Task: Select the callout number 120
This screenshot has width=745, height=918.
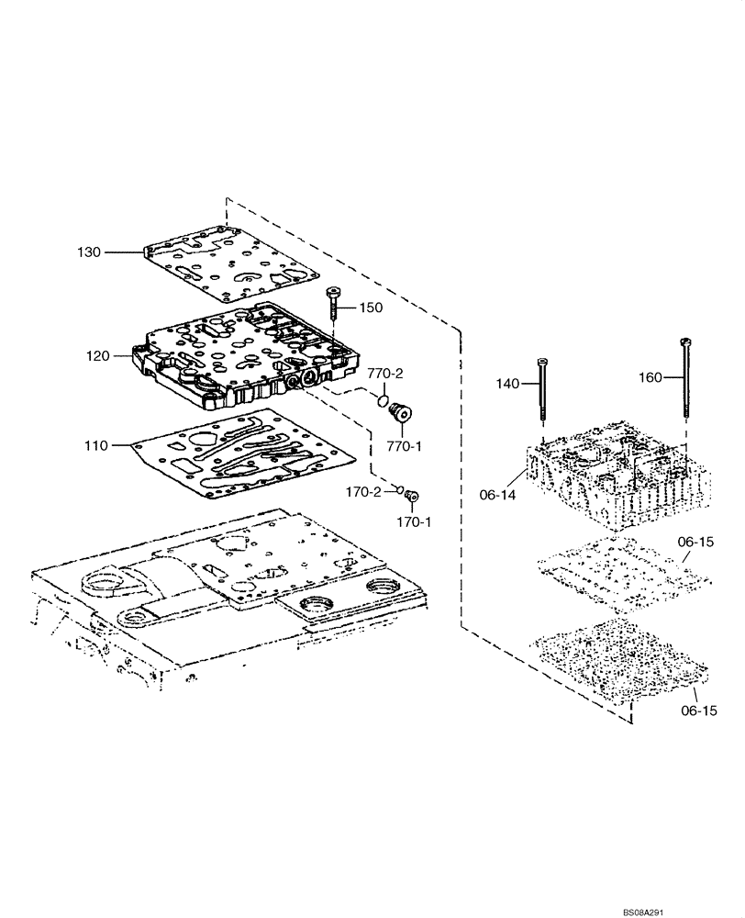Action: (x=98, y=355)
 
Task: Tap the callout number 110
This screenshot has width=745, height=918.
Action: (x=96, y=445)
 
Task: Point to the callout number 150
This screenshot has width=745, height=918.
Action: (x=371, y=308)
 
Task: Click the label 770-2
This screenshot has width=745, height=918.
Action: (x=385, y=374)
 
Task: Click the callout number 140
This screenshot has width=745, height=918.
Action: (x=508, y=383)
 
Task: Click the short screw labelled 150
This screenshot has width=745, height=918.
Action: (x=332, y=303)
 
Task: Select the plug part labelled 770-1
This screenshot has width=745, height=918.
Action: (x=400, y=415)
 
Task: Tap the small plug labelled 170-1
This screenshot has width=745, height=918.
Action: (x=411, y=497)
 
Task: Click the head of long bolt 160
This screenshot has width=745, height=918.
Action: (x=684, y=342)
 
